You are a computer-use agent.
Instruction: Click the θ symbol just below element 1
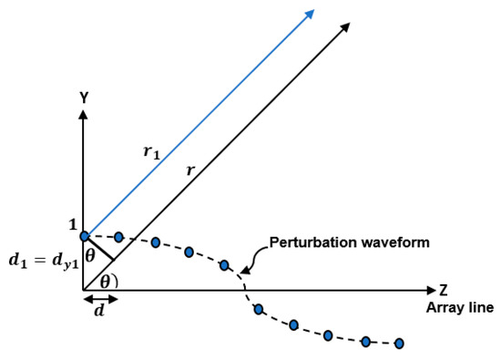pyautogui.click(x=89, y=255)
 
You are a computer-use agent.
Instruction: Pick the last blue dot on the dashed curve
pyautogui.click(x=399, y=344)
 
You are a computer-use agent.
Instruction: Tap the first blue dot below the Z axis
pyautogui.click(x=258, y=311)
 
